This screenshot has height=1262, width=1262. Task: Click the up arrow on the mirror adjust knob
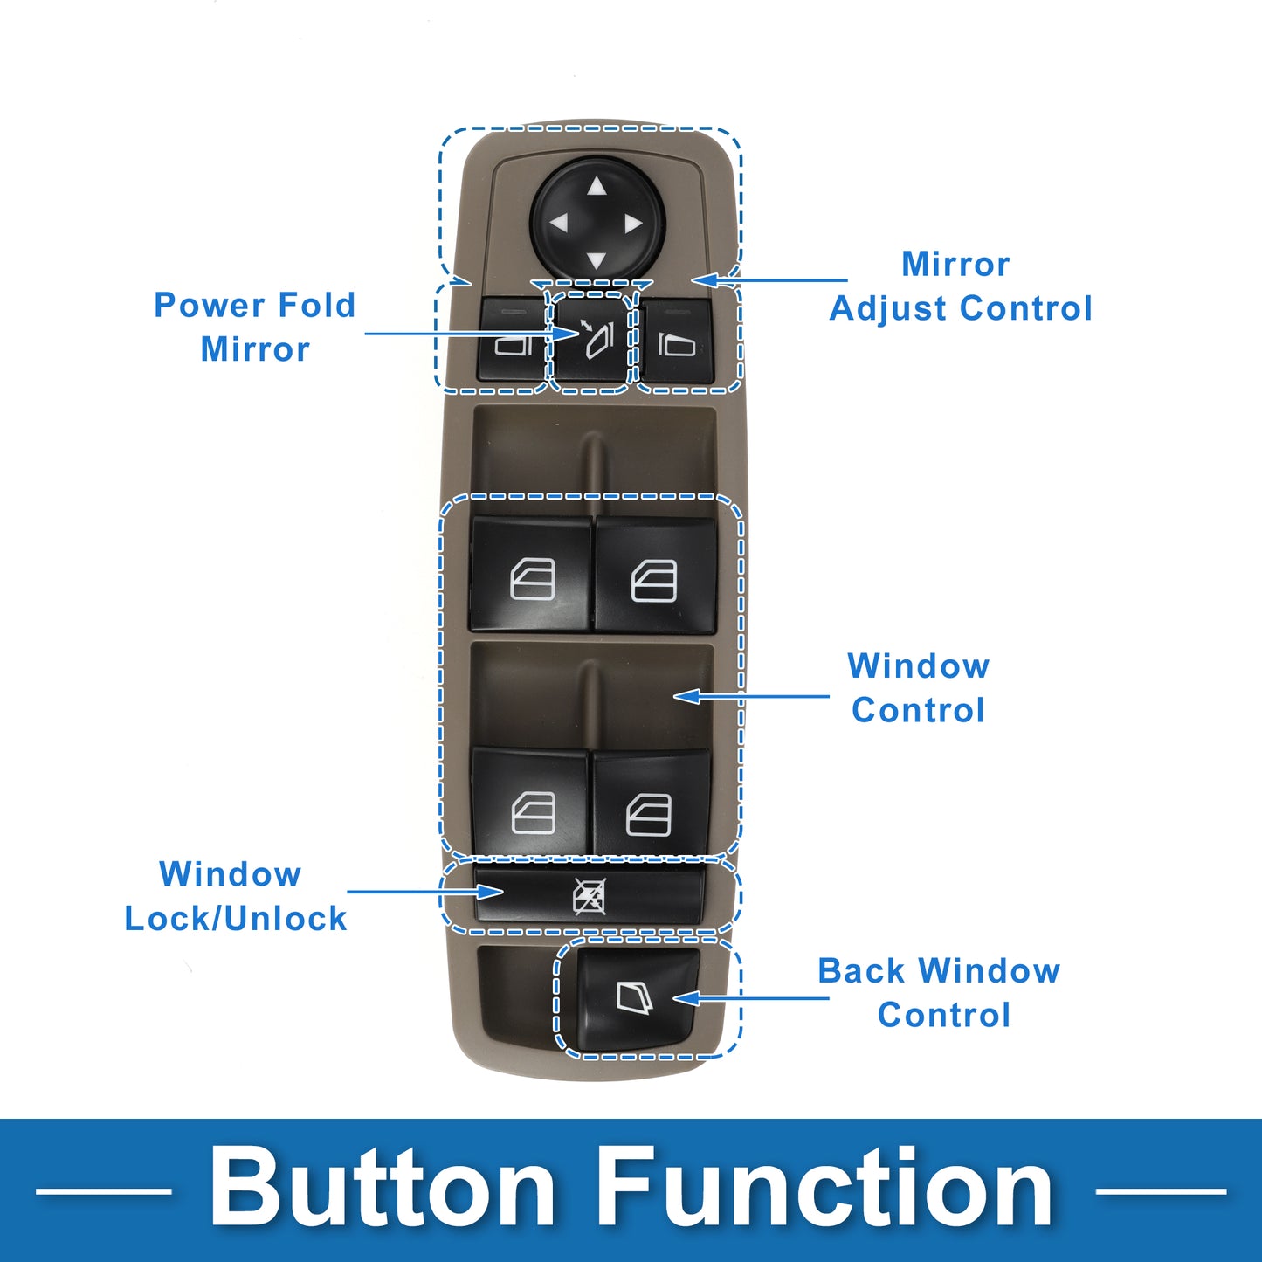click(x=597, y=187)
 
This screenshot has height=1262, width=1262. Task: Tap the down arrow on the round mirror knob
click(x=597, y=260)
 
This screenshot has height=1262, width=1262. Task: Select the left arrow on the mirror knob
click(x=559, y=224)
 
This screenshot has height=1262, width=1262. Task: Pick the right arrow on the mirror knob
click(x=634, y=224)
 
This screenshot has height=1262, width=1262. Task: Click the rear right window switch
click(x=651, y=808)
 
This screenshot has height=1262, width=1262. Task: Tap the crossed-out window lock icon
click(x=590, y=896)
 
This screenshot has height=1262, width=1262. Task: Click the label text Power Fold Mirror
click(x=255, y=327)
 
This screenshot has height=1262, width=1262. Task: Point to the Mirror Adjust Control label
click(x=961, y=286)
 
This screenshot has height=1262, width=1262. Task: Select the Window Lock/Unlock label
click(x=235, y=896)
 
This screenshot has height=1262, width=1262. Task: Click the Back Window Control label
click(x=940, y=993)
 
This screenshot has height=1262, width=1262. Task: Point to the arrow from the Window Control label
click(x=751, y=696)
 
